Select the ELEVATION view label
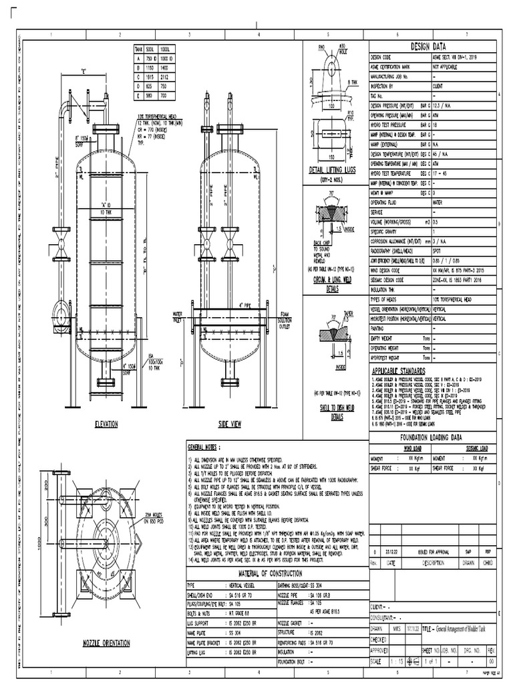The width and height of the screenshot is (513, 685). (106, 424)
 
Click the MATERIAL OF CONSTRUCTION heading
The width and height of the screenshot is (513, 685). (274, 573)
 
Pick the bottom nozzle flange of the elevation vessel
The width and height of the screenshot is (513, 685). (106, 383)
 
